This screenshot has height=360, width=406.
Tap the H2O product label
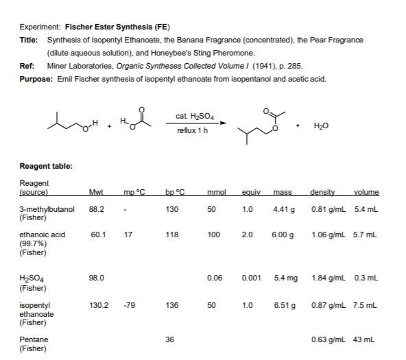320,126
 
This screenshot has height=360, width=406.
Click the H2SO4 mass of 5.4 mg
284,278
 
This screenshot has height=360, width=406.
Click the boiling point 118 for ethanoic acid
171,235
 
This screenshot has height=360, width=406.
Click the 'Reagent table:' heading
46,165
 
